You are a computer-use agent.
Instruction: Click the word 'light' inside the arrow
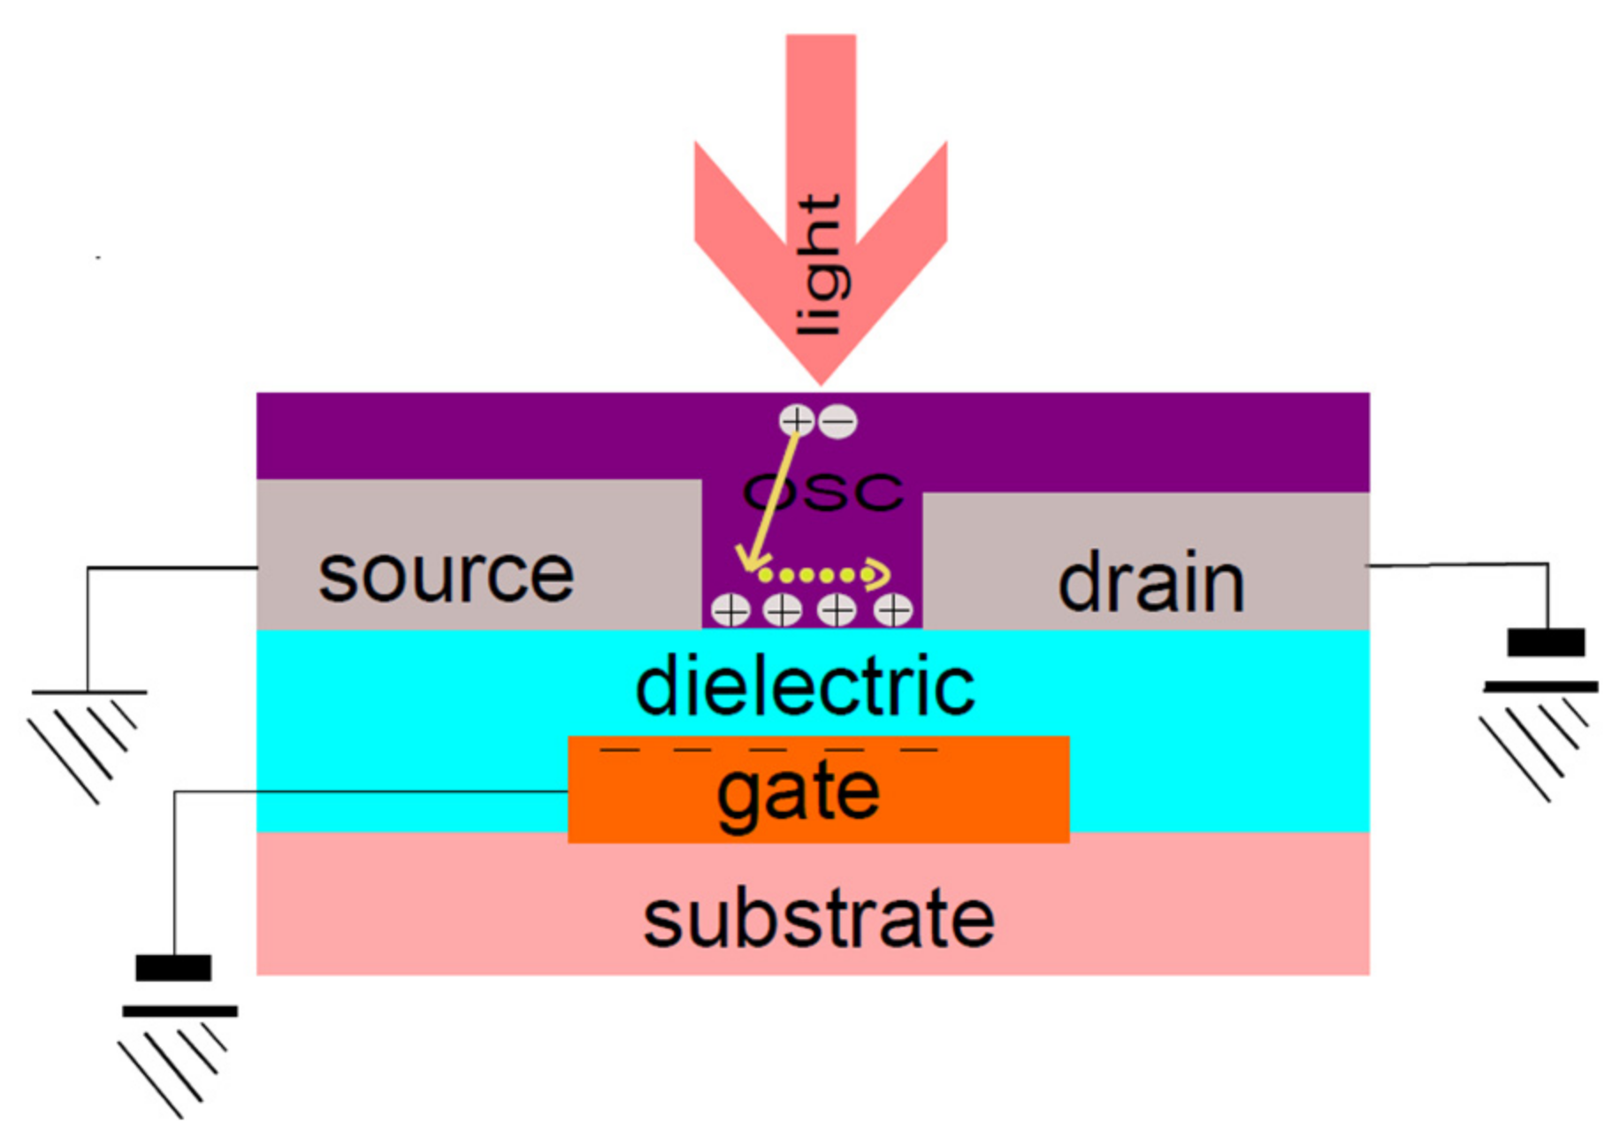coord(819,265)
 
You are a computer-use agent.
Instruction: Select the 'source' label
coord(446,576)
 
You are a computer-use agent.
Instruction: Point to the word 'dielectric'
coord(805,687)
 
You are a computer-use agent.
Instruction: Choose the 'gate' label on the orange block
coord(798,792)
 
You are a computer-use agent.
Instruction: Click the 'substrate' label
coord(818,920)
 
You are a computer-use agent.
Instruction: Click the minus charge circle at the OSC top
coord(838,421)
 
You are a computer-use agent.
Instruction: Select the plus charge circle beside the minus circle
coord(796,421)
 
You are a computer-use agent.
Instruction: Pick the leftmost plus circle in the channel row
coord(730,610)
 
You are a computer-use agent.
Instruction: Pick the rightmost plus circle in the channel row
coord(893,610)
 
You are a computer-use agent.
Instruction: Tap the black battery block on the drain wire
coord(1546,642)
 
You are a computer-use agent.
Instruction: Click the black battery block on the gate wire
coord(173,967)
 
